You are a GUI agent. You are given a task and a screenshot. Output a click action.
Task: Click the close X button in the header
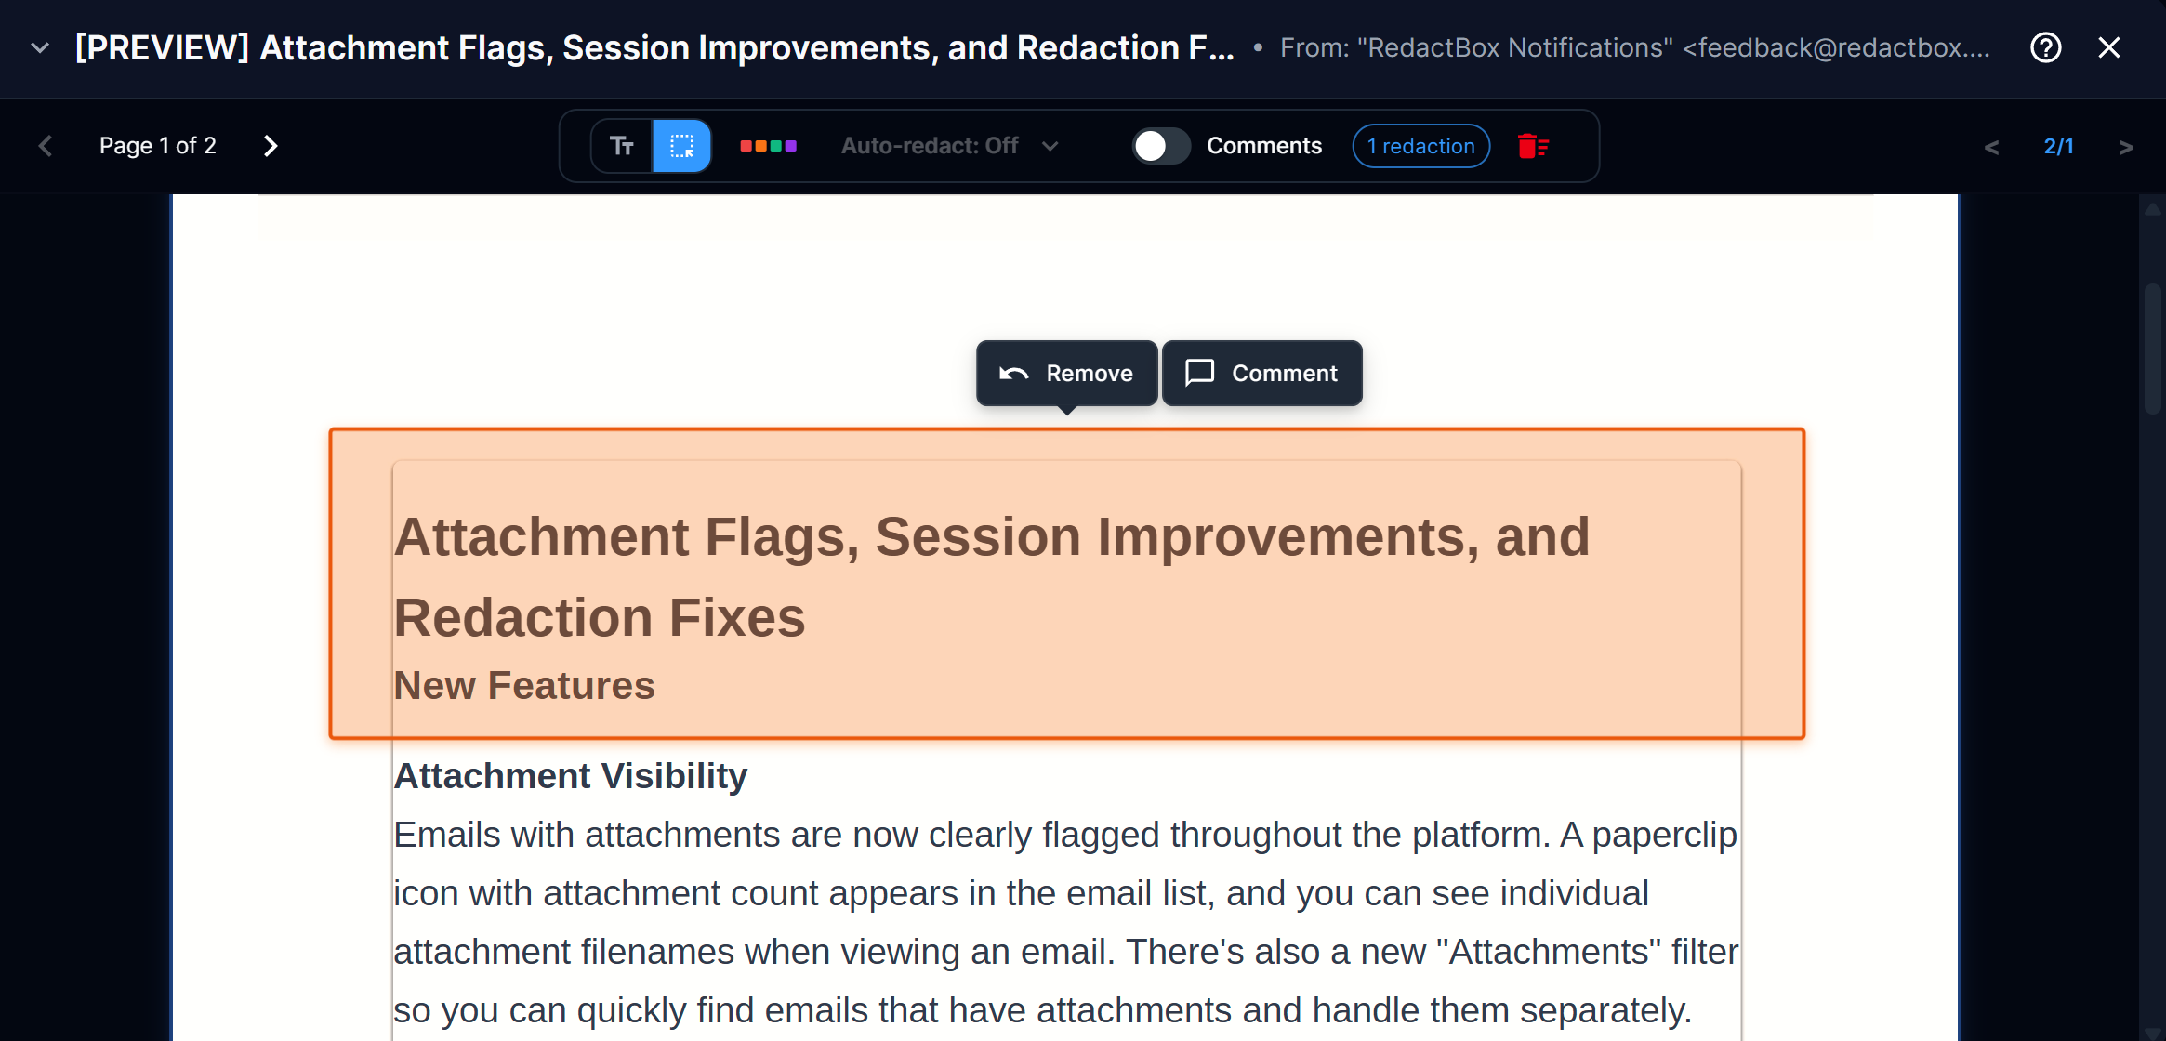pyautogui.click(x=2108, y=47)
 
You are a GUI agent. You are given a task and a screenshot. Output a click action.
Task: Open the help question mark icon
pyautogui.click(x=2045, y=47)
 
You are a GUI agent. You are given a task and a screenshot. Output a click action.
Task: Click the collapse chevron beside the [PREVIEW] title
pyautogui.click(x=40, y=47)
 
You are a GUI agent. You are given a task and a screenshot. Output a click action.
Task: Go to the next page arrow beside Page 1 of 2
pyautogui.click(x=271, y=146)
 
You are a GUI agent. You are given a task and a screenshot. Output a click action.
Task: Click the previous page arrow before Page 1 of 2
pyautogui.click(x=46, y=146)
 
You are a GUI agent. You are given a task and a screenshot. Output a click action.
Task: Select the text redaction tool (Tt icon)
pyautogui.click(x=622, y=146)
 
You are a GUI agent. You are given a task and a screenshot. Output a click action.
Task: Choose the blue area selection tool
pyautogui.click(x=681, y=146)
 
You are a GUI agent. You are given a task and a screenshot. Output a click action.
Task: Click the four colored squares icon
pyautogui.click(x=768, y=146)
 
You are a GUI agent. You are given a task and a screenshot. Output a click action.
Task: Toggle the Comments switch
pyautogui.click(x=1160, y=146)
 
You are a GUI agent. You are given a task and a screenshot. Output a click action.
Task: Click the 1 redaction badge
pyautogui.click(x=1420, y=146)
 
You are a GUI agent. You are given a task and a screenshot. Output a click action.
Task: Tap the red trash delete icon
pyautogui.click(x=1532, y=146)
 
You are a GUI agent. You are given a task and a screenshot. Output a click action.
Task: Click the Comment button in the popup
pyautogui.click(x=1261, y=373)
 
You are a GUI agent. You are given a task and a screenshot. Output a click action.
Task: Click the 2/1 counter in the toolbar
pyautogui.click(x=2058, y=146)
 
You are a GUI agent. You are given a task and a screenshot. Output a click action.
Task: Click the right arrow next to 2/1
pyautogui.click(x=2125, y=147)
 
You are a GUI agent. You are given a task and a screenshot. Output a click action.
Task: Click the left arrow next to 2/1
pyautogui.click(x=1991, y=147)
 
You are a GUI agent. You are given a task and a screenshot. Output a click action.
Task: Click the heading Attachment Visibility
pyautogui.click(x=570, y=776)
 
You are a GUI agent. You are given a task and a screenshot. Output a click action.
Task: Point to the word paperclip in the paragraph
pyautogui.click(x=1664, y=836)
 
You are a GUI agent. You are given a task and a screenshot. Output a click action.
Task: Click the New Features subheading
pyautogui.click(x=524, y=686)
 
